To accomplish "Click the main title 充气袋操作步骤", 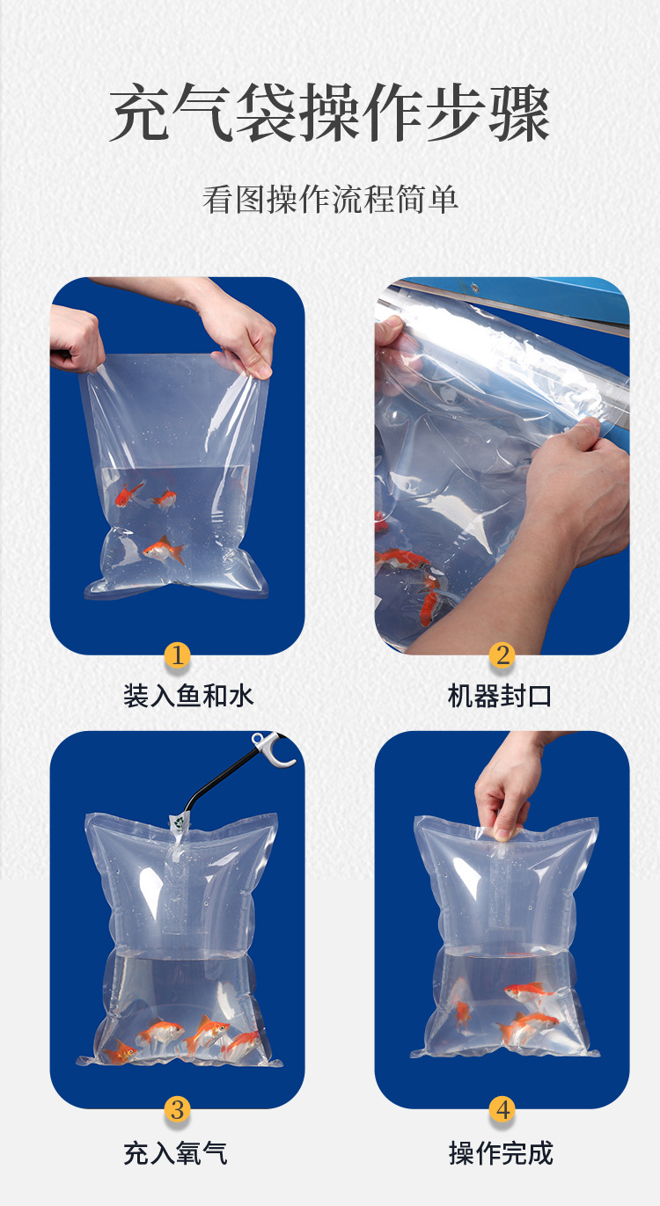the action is click(330, 113).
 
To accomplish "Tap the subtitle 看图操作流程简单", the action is click(330, 199).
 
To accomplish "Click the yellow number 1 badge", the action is click(177, 655).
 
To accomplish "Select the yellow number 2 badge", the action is click(502, 655).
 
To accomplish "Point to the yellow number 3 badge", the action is click(177, 1109).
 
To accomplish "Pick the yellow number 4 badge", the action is click(502, 1109).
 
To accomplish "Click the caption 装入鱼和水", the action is click(188, 696).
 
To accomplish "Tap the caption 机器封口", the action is click(500, 696).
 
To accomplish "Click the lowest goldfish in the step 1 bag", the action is click(164, 551).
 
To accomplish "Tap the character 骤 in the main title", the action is click(519, 113).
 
